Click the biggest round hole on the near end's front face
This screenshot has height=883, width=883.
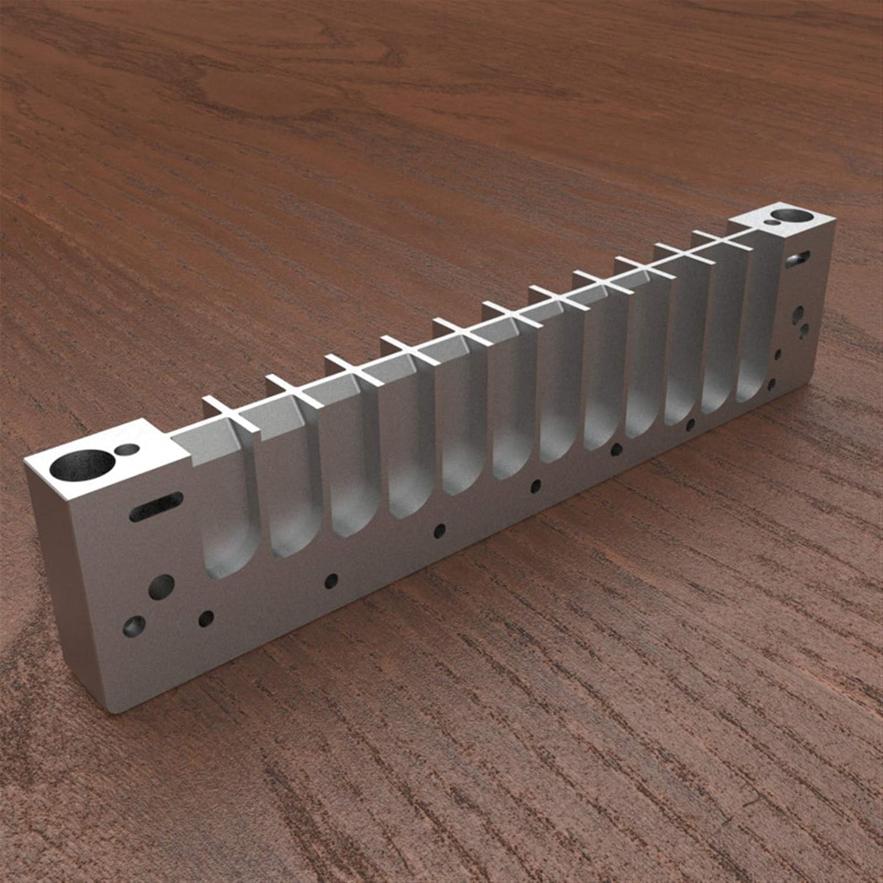click(161, 586)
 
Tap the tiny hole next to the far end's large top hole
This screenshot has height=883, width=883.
click(770, 223)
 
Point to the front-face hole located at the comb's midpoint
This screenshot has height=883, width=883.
click(535, 486)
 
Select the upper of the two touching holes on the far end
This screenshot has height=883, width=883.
click(798, 312)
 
